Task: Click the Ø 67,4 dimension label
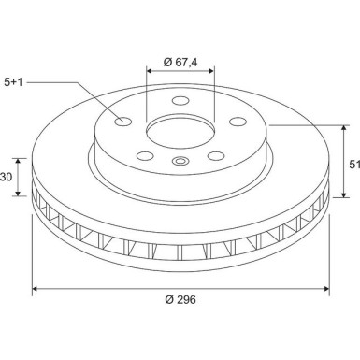tap(180, 62)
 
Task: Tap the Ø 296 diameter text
tap(180, 300)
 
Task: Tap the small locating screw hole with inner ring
tap(180, 163)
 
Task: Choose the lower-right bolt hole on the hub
tap(215, 156)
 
